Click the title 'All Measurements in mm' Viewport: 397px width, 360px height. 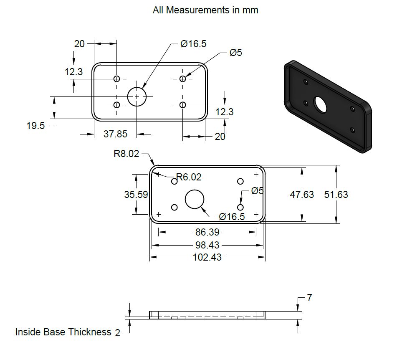[x=205, y=10]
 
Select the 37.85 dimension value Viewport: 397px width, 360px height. [x=115, y=134]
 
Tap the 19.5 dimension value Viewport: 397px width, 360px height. [x=35, y=125]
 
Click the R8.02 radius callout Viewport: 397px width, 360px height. [x=126, y=154]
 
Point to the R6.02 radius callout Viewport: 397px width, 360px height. [x=189, y=177]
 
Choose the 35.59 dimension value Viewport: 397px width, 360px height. [x=136, y=195]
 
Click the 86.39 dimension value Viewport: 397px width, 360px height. [x=207, y=232]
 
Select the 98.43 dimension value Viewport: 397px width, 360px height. [x=207, y=245]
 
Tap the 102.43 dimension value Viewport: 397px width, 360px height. [x=207, y=257]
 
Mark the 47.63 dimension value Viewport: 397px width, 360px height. [x=302, y=195]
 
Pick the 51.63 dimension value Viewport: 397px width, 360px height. [x=336, y=195]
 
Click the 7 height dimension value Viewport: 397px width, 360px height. [x=309, y=298]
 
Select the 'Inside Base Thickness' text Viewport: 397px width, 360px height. [x=63, y=332]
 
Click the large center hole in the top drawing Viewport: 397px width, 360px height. [x=137, y=96]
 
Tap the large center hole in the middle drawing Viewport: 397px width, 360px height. [x=194, y=199]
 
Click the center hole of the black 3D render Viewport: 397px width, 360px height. [x=321, y=104]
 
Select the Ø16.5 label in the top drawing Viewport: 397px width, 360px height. [x=193, y=44]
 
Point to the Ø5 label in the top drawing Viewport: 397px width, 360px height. [x=235, y=53]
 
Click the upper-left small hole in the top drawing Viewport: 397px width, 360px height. [x=116, y=79]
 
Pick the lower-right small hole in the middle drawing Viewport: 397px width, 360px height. [x=240, y=207]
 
